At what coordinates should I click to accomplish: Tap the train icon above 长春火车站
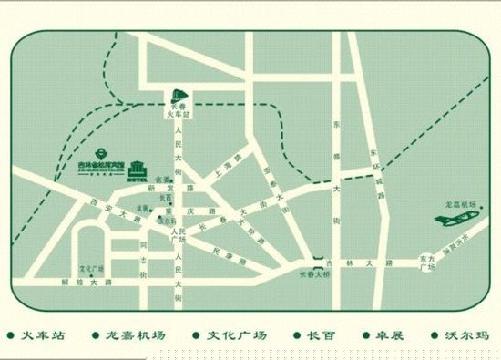click(179, 95)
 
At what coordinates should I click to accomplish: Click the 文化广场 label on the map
click(92, 269)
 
